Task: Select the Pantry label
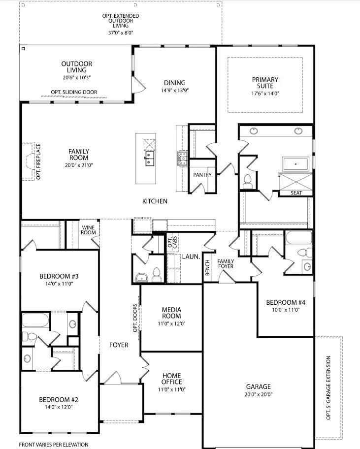coord(202,175)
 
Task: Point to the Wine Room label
coord(89,230)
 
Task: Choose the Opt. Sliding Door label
coord(74,92)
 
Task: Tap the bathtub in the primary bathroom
coord(295,164)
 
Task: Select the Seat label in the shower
coord(296,193)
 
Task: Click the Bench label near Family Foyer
coord(207,267)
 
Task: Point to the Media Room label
coord(171,313)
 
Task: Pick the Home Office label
coord(172,379)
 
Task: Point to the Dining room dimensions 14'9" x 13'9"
coord(175,90)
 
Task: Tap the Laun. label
coord(190,257)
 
